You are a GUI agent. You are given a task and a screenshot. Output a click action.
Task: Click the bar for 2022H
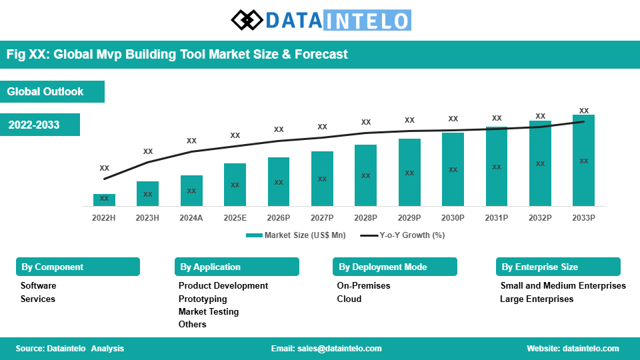tap(104, 199)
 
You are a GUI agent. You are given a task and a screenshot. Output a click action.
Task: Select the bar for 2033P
tap(583, 160)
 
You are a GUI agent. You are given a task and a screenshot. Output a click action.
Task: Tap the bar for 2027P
tap(322, 179)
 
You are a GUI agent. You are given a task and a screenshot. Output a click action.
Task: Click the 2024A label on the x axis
tap(191, 218)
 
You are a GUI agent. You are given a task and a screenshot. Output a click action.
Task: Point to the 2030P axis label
tap(453, 218)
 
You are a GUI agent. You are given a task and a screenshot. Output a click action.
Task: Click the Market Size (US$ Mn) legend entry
tap(296, 235)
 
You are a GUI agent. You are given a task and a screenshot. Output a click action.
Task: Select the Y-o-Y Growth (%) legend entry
tap(403, 235)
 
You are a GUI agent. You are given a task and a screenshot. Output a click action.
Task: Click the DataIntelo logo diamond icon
tap(247, 20)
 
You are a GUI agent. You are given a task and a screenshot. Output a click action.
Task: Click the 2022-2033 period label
tap(34, 125)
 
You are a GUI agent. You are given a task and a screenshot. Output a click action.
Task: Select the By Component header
tap(53, 267)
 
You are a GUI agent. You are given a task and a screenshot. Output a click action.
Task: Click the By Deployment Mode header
tap(383, 267)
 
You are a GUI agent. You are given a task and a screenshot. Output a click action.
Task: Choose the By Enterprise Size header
tap(540, 267)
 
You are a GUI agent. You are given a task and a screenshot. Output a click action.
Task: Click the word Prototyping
tap(203, 299)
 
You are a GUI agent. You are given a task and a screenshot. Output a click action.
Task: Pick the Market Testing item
tap(208, 311)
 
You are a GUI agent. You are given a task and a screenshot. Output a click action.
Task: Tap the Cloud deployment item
tap(349, 299)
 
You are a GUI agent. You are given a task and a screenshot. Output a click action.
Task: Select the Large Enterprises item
tap(537, 299)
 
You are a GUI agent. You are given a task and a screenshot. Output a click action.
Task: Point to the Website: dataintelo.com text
tap(573, 349)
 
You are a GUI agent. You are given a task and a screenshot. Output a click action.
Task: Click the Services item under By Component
tap(38, 299)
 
